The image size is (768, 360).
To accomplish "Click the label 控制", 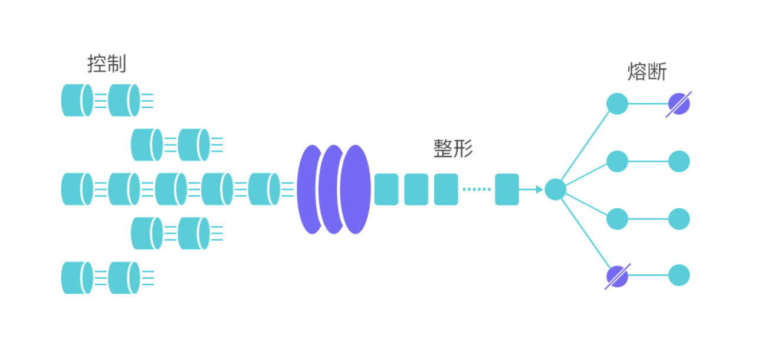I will [107, 64].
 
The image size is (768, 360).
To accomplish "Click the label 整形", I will [453, 149].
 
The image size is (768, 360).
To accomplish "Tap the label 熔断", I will [647, 72].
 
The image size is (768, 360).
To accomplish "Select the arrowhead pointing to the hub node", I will [538, 189].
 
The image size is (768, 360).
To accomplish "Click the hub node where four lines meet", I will [555, 189].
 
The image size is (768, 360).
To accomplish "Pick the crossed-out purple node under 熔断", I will [679, 104].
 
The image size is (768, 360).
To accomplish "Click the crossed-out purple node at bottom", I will [617, 276].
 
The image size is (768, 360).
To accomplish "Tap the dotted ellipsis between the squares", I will [477, 189].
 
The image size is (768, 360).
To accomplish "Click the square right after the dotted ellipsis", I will [507, 189].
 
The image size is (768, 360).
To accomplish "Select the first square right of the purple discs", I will [386, 189].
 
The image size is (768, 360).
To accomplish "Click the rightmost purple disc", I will [356, 189].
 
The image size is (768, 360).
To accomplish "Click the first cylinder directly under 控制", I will [77, 100].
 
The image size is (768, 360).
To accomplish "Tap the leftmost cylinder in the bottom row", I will [77, 277].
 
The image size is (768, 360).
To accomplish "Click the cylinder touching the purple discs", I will [264, 189].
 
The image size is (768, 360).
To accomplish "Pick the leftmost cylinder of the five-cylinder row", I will [77, 189].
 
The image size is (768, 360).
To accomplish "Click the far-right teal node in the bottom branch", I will [679, 276].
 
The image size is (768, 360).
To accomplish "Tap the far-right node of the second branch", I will [679, 161].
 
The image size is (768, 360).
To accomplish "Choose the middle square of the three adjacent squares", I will [416, 189].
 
